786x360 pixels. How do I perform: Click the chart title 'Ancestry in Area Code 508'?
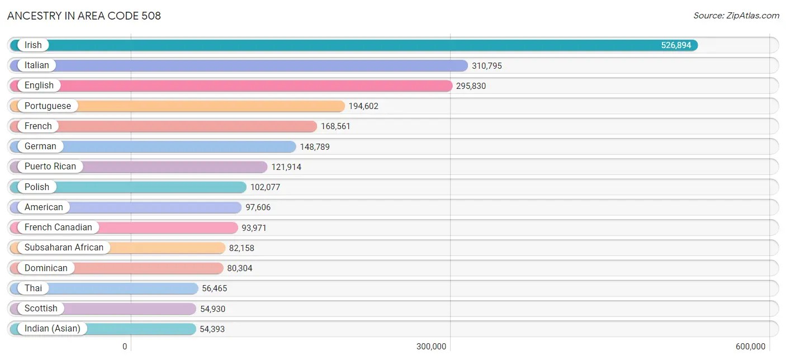[x=84, y=16]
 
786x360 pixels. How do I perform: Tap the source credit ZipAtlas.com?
[x=736, y=16]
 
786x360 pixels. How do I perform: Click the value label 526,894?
[x=676, y=45]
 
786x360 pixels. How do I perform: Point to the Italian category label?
[x=37, y=65]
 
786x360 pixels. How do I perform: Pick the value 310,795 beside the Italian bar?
[x=487, y=66]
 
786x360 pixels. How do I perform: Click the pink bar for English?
[x=252, y=86]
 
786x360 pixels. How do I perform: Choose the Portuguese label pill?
[x=48, y=106]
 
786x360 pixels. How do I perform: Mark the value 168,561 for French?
[x=335, y=126]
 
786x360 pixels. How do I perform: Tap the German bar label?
[x=40, y=146]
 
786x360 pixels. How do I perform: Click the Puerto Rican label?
[x=50, y=167]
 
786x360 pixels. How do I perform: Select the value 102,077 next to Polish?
[x=265, y=187]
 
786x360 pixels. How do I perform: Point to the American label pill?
[x=44, y=207]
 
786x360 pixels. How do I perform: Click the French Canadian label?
[x=58, y=228]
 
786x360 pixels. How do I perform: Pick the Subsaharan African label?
[x=64, y=248]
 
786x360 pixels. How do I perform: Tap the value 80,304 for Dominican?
[x=240, y=268]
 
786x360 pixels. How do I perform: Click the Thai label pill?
[x=33, y=288]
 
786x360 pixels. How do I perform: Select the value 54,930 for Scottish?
[x=213, y=309]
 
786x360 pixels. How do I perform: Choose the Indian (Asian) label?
[x=53, y=329]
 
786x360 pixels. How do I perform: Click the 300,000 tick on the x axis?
[x=431, y=347]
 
